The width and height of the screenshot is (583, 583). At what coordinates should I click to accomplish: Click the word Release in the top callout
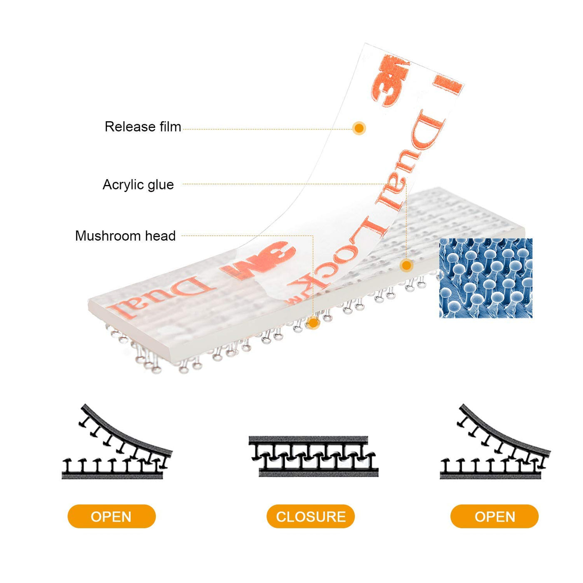124,127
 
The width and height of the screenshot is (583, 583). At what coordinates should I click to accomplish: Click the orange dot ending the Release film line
359,128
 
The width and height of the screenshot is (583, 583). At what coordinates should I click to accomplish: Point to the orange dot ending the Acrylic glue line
406,265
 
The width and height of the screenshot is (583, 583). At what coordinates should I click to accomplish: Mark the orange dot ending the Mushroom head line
313,323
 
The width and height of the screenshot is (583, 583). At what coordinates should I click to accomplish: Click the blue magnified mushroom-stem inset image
486,278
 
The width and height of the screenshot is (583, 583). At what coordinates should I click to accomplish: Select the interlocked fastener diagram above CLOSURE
313,456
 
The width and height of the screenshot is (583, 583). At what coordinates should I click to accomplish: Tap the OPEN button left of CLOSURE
111,516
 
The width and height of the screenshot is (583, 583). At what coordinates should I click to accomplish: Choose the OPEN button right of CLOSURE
494,516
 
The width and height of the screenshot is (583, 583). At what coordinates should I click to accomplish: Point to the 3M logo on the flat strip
259,261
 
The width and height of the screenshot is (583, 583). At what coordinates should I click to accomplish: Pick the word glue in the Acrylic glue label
160,184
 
